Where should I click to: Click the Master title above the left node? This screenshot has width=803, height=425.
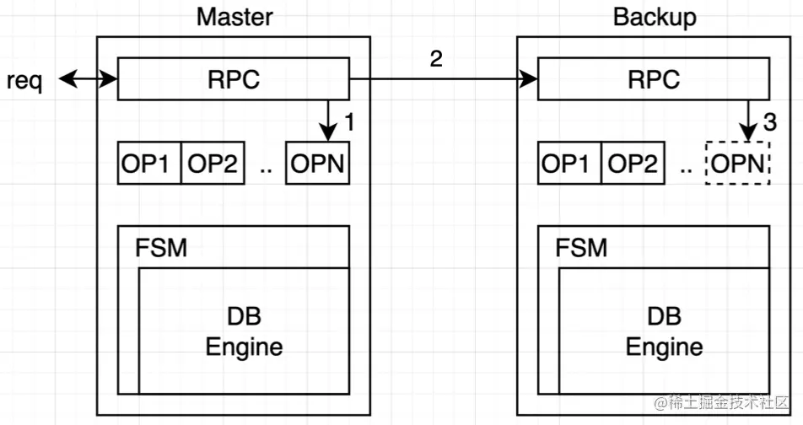tap(234, 17)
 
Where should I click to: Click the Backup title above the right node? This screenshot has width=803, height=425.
tap(655, 17)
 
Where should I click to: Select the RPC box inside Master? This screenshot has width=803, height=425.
tap(233, 79)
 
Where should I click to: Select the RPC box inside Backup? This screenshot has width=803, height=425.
tap(654, 79)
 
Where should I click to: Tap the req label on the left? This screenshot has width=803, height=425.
tap(24, 81)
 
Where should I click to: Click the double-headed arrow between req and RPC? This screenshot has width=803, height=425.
tap(88, 80)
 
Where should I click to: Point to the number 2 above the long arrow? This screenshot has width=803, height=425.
tap(435, 59)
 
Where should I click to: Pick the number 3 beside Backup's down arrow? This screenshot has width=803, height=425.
tap(769, 122)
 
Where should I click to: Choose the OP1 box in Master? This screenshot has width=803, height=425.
tap(149, 164)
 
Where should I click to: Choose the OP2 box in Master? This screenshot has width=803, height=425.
tap(213, 164)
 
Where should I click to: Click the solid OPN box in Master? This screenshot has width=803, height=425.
tap(318, 164)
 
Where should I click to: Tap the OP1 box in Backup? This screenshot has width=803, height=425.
tap(569, 164)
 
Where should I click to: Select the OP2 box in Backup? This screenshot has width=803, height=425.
tap(633, 164)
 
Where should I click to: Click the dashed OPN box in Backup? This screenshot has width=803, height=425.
tap(738, 164)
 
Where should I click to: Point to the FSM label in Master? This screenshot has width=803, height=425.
tap(161, 248)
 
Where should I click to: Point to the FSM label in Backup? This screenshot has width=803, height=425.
tap(581, 248)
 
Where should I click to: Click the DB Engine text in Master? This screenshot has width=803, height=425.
tap(244, 331)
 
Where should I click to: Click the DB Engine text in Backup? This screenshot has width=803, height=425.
tap(664, 331)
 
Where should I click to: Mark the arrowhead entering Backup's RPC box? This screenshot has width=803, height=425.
tap(531, 80)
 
